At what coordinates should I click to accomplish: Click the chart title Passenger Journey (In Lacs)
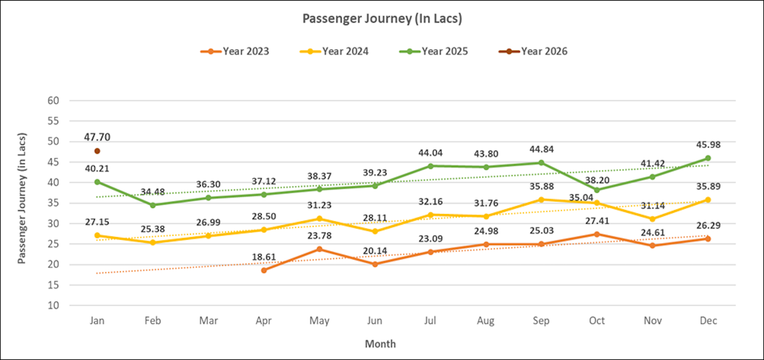tap(382, 19)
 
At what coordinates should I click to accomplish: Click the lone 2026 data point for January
tap(97, 151)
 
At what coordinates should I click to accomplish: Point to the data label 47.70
tap(97, 136)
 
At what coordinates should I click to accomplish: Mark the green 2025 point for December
tap(707, 158)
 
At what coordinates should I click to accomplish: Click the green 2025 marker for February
tap(153, 205)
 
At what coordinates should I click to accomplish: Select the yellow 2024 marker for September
tap(541, 199)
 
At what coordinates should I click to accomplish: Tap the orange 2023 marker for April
tap(264, 270)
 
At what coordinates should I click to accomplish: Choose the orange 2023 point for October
tap(597, 234)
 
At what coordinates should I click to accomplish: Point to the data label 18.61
tap(264, 256)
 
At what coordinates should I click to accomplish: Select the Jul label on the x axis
tap(430, 321)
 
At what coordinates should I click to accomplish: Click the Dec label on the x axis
tap(707, 321)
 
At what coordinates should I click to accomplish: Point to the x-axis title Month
tap(380, 344)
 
